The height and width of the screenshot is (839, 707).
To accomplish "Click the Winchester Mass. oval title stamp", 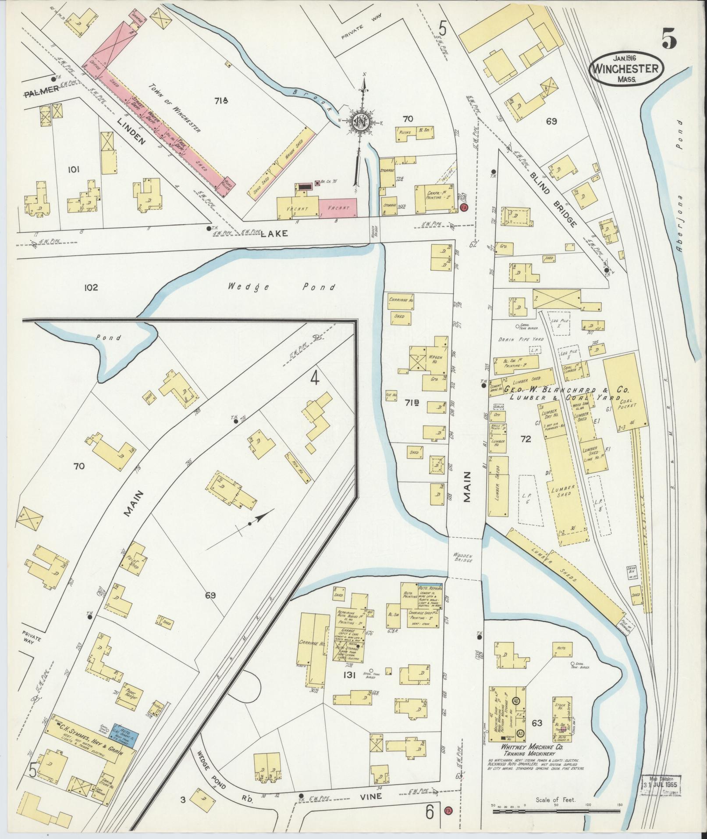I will (x=625, y=69).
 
